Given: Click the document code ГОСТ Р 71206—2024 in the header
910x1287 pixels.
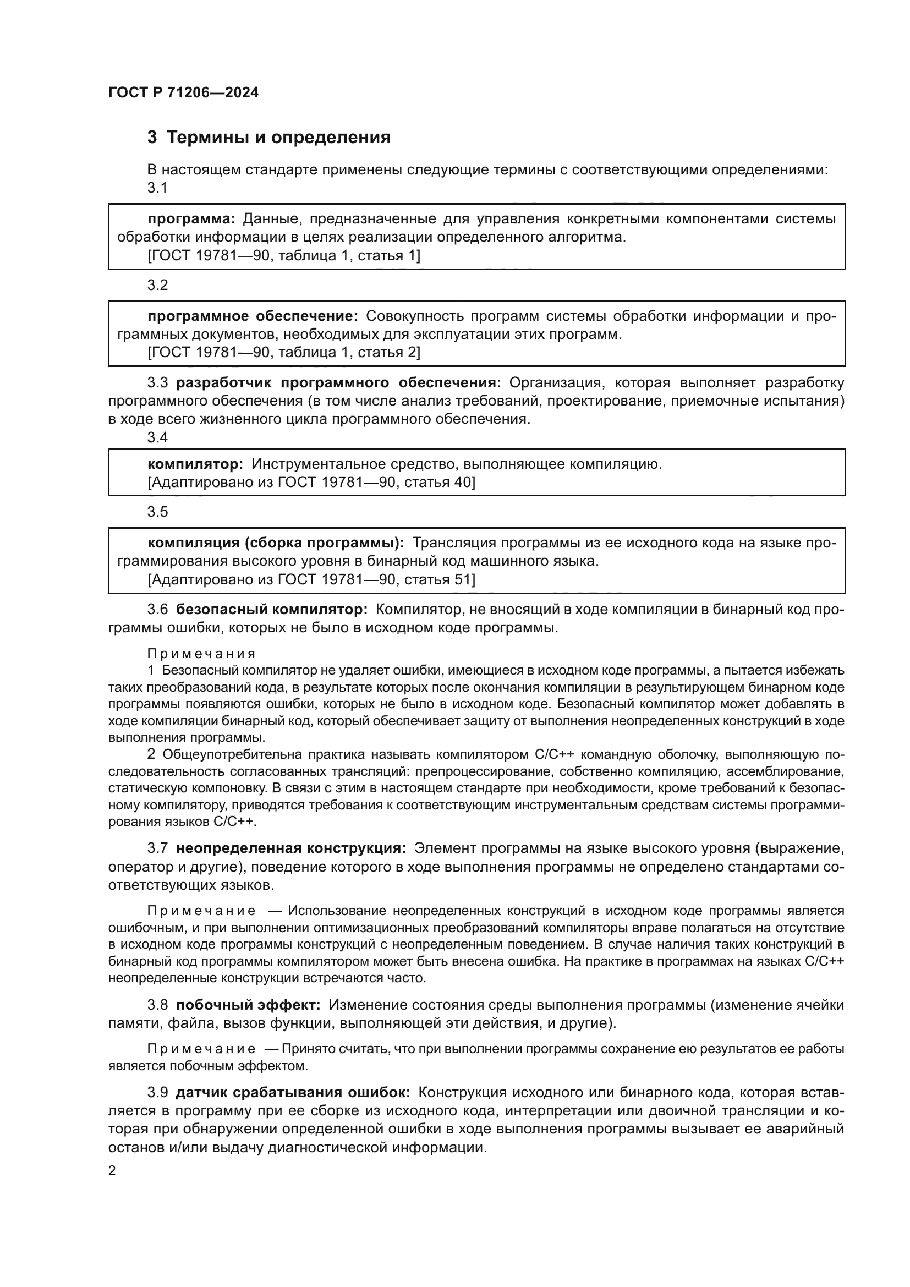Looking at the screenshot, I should [183, 93].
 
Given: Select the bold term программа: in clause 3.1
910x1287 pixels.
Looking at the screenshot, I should [191, 218].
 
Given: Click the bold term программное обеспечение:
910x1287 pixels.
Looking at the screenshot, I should [252, 316].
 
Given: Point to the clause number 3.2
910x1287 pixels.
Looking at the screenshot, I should [157, 286].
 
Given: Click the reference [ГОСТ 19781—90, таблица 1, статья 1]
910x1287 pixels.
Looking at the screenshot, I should [283, 256].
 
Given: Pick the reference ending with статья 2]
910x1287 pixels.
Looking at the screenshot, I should [283, 353].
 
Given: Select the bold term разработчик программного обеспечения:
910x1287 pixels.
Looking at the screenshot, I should [338, 383].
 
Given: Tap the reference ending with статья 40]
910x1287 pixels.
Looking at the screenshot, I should [311, 482].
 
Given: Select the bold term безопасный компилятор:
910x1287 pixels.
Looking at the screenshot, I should [272, 609].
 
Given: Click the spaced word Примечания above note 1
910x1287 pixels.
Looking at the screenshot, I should [201, 654].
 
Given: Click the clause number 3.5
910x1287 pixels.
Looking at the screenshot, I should [157, 512].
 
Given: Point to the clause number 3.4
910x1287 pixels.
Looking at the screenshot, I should [157, 438].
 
